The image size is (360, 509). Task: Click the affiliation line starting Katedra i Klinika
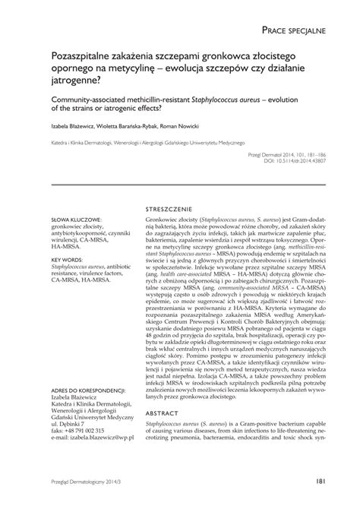pos(148,142)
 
